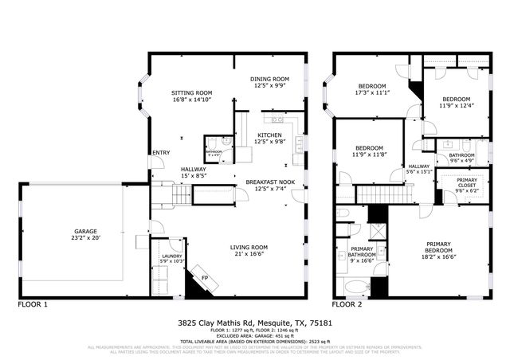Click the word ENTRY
[x=161, y=153]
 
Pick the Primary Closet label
[x=467, y=182]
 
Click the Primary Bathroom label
[x=363, y=254]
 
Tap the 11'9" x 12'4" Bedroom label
[x=456, y=101]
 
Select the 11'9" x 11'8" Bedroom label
[x=370, y=151]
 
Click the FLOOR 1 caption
[x=33, y=304]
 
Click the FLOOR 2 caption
[x=347, y=304]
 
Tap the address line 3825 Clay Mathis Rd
[x=254, y=323]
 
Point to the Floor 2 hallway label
[x=419, y=168]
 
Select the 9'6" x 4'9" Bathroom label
[x=461, y=158]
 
